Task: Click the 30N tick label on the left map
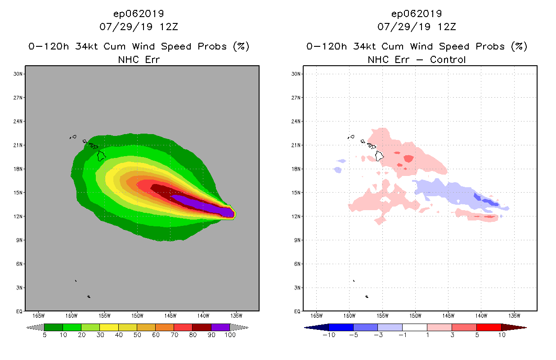(x=19, y=74)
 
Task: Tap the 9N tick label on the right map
(x=297, y=240)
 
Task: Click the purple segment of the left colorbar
(x=220, y=327)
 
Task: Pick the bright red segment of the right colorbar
(x=489, y=327)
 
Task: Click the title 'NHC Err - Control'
(x=416, y=59)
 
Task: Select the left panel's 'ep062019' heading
(x=139, y=13)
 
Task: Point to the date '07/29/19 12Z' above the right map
(x=416, y=27)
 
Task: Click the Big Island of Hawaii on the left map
(x=102, y=156)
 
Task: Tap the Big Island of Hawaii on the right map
(x=380, y=156)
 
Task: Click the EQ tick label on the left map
(x=19, y=311)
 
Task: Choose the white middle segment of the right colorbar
(x=415, y=327)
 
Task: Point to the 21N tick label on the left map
(x=19, y=145)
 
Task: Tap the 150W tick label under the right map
(x=415, y=315)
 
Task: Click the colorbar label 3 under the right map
(x=452, y=335)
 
